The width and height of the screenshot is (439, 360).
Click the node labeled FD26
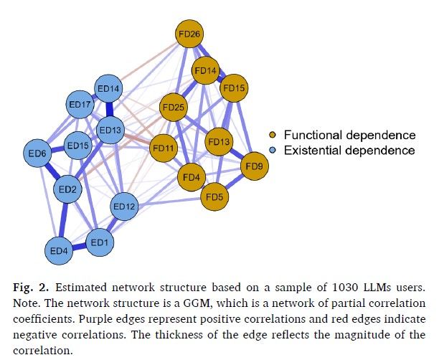(x=190, y=33)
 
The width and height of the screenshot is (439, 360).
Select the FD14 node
(x=205, y=70)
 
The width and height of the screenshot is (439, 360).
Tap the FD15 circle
(x=234, y=88)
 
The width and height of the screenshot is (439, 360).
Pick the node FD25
(x=174, y=109)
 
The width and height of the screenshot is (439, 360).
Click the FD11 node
(x=163, y=148)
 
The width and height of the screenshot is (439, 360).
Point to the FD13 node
(x=219, y=142)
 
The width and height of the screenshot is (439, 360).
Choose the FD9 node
(x=254, y=166)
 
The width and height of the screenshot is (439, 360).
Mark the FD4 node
(x=192, y=176)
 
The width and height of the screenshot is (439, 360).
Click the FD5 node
(x=214, y=196)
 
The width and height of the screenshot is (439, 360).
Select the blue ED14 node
(x=109, y=89)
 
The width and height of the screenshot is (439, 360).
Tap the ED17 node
(x=79, y=105)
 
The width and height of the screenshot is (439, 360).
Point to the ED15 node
(x=77, y=146)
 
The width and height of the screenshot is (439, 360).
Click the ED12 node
(x=124, y=207)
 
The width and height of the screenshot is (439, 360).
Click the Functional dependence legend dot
(x=273, y=135)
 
